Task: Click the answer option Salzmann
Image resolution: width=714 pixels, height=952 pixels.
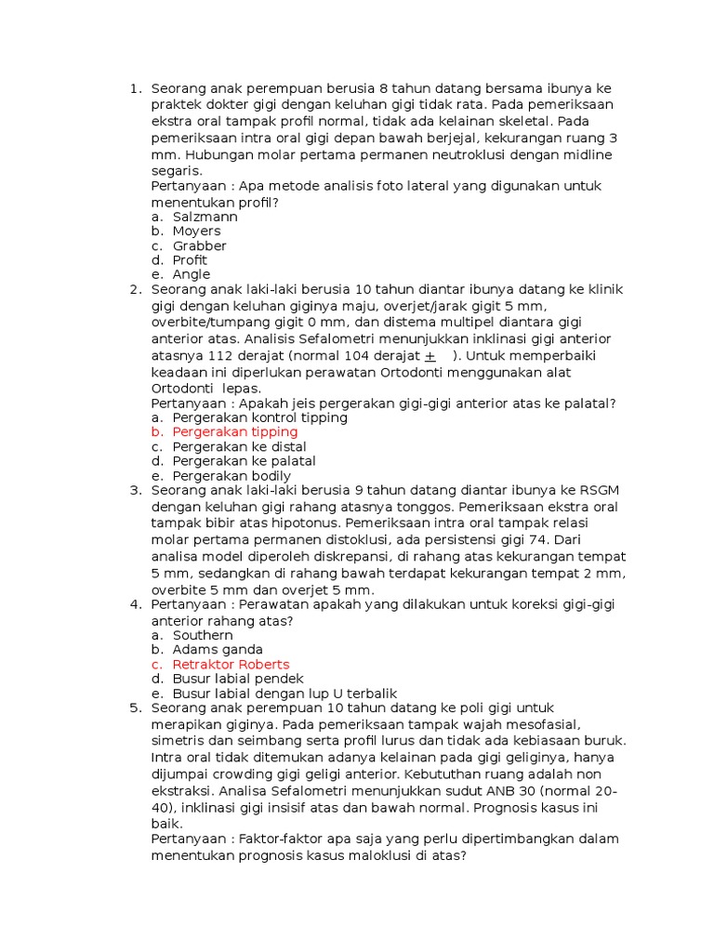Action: coord(205,217)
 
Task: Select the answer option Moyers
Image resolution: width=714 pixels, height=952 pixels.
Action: coord(196,231)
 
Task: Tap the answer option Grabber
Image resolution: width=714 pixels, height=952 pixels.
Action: coord(199,245)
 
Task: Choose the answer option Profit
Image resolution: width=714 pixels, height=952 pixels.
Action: coord(191,260)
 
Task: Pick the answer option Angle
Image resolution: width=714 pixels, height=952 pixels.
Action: coord(192,274)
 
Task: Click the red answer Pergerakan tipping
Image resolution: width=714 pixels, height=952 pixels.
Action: coord(235,432)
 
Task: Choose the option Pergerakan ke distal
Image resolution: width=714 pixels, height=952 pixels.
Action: coord(239,446)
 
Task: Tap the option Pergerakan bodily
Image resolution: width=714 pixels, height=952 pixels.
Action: coord(231,476)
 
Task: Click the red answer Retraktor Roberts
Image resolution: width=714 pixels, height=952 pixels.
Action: coord(231,665)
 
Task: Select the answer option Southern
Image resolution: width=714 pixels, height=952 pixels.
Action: coord(203,635)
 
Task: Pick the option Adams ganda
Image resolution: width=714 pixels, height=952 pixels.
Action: coord(218,650)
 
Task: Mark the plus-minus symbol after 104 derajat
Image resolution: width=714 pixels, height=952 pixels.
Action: coord(430,356)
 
